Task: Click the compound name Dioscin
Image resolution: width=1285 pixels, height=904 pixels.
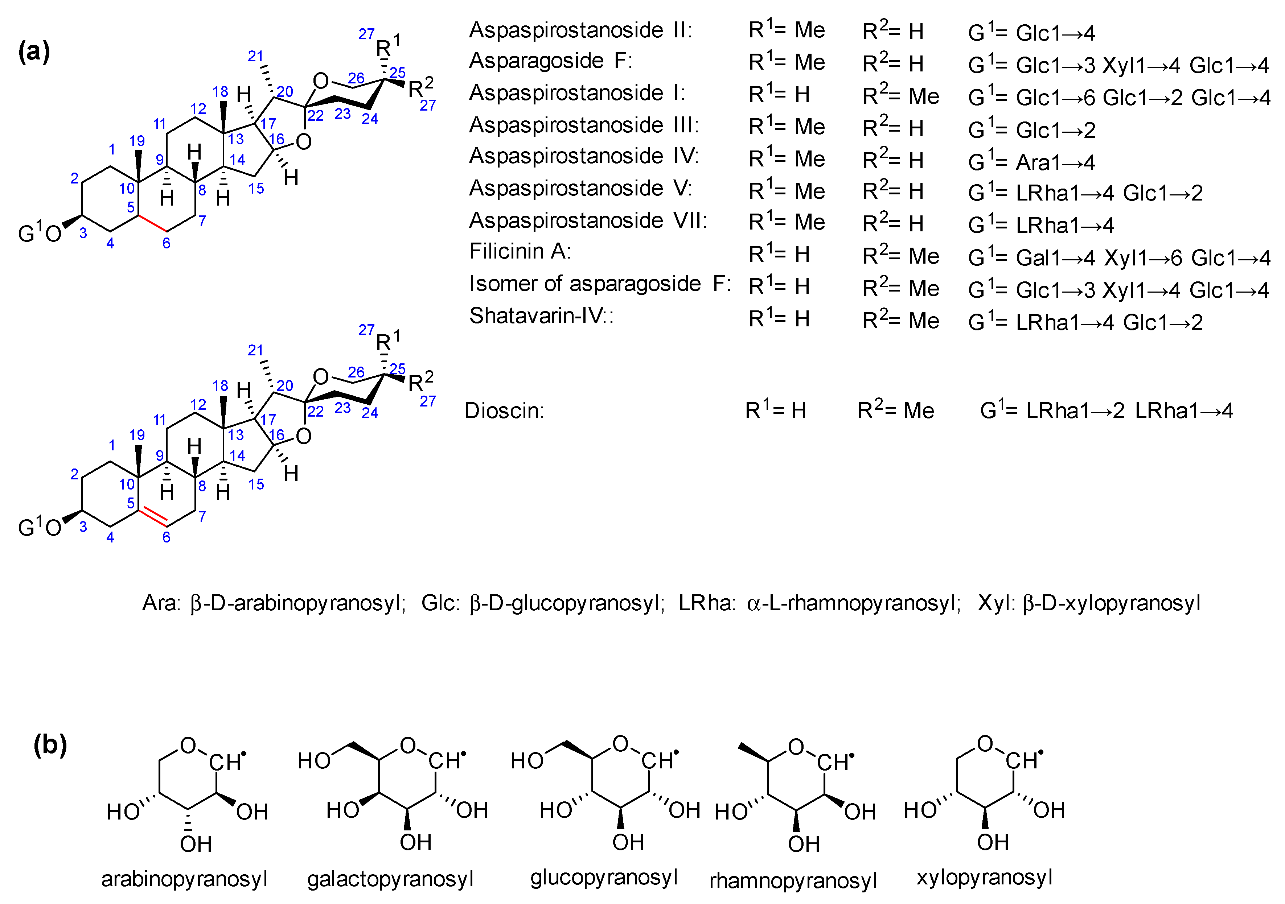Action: coord(504,411)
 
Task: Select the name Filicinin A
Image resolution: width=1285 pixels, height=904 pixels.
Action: coord(520,252)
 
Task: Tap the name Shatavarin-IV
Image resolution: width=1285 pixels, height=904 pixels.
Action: coord(541,316)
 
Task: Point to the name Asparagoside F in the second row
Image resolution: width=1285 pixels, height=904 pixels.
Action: coord(550,61)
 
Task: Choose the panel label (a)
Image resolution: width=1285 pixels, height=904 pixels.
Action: coord(34,51)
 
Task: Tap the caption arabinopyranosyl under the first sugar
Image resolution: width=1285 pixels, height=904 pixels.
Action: coord(184,879)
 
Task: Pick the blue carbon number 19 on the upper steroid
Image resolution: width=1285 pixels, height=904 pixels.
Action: coord(137,141)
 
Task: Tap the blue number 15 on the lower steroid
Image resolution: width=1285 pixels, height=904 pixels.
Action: coord(256,484)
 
